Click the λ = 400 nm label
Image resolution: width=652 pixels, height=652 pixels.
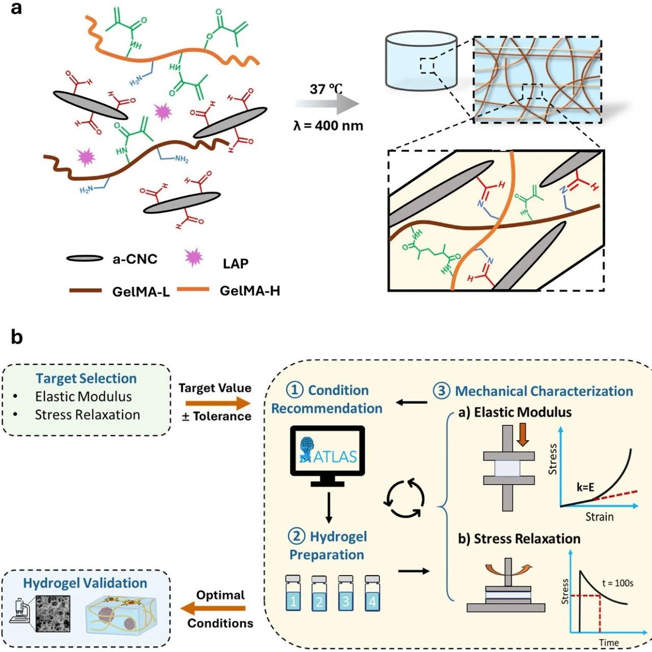point(328,126)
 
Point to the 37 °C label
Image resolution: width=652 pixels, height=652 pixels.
point(326,89)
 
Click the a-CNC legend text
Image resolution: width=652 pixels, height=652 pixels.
point(135,259)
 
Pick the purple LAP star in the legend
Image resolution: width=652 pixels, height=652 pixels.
point(194,257)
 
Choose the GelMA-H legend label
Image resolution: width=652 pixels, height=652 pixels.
point(250,291)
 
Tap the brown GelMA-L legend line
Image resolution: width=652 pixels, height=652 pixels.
point(86,290)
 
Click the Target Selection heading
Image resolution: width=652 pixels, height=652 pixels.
point(86,378)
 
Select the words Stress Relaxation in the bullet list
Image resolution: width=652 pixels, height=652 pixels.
point(88,415)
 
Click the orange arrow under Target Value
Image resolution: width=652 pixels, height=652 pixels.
point(218,403)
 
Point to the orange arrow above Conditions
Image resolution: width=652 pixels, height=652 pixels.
point(213,608)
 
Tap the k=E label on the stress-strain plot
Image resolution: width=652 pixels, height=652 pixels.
point(585,487)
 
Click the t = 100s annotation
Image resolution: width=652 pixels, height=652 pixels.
point(617,583)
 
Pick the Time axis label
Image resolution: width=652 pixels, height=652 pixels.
point(609,642)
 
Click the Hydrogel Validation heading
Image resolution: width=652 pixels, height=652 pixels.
point(85,583)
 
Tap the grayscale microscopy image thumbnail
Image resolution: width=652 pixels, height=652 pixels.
point(53,613)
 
